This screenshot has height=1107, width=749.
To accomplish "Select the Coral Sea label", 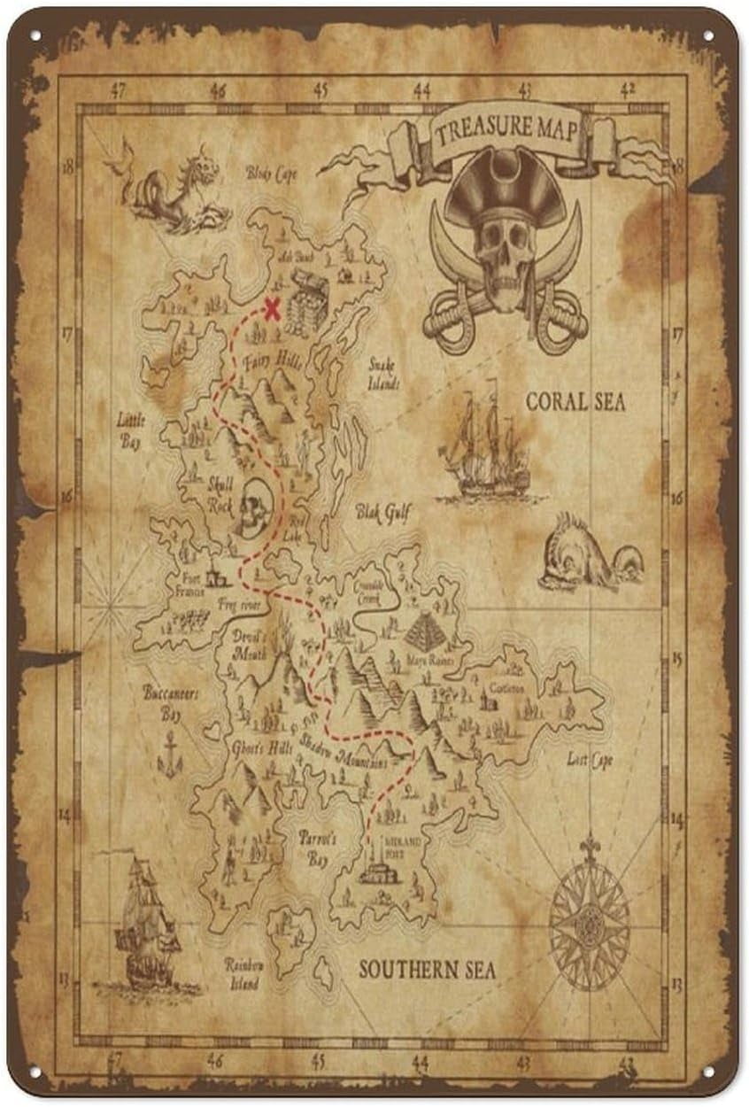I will [575, 402].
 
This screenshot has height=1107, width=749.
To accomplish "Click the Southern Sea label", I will [428, 970].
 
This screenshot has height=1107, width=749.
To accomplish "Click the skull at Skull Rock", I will [253, 506].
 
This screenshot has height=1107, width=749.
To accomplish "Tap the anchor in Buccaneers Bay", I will [169, 755].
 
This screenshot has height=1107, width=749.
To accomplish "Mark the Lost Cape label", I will [591, 760].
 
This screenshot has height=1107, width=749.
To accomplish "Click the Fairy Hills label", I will [277, 361].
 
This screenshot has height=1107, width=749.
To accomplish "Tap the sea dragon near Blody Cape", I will [173, 188].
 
